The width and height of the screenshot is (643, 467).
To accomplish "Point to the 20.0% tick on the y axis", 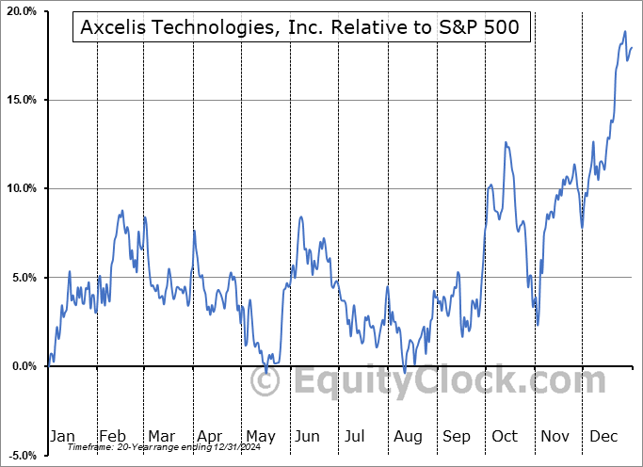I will pyautogui.click(x=22, y=11).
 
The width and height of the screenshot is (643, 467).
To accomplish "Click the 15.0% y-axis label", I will pyautogui.click(x=22, y=100).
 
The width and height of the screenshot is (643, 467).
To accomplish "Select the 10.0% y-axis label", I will pyautogui.click(x=22, y=188).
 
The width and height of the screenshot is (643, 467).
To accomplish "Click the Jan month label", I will pyautogui.click(x=62, y=436).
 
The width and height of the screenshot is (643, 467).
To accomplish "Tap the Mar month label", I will pyautogui.click(x=161, y=436).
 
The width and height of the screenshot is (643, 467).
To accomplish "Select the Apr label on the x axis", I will pyautogui.click(x=210, y=436).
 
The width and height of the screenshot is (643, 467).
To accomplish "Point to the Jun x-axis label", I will pyautogui.click(x=308, y=436).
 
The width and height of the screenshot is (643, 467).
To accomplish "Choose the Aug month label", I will pyautogui.click(x=408, y=436).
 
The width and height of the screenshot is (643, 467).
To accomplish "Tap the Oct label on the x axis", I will pyautogui.click(x=506, y=436).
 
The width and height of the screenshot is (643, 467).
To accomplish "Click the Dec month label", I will pyautogui.click(x=604, y=436).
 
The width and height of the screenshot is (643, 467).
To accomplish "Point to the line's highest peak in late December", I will pyautogui.click(x=624, y=32).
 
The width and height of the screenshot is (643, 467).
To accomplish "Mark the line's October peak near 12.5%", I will pyautogui.click(x=506, y=142).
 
